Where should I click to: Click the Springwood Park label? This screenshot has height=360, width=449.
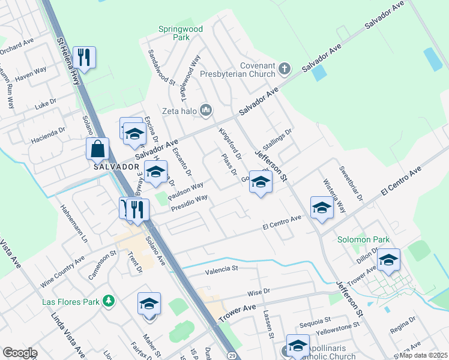pyautogui.click(x=174, y=32)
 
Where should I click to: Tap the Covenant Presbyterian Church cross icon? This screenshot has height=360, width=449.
pyautogui.click(x=285, y=69)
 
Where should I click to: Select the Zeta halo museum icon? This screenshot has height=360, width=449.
pyautogui.click(x=206, y=109)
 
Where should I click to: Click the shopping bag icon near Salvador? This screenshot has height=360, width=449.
pyautogui.click(x=97, y=147)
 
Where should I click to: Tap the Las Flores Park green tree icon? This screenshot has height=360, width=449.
pyautogui.click(x=109, y=300)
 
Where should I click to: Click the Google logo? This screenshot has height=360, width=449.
pyautogui.click(x=20, y=353)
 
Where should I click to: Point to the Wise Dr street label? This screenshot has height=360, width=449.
pyautogui.click(x=259, y=292)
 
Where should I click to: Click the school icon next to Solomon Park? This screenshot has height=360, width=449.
pyautogui.click(x=388, y=259)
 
